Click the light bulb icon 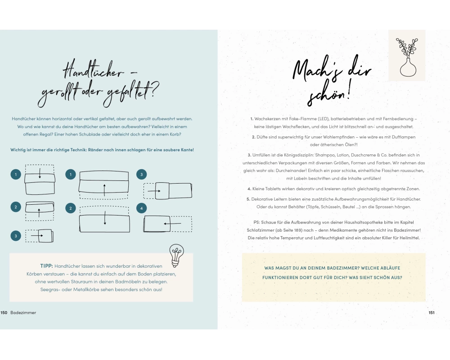click(x=176, y=255)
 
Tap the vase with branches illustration click(x=407, y=57)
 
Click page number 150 click(x=4, y=313)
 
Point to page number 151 click(x=432, y=313)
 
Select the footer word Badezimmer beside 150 click(x=23, y=313)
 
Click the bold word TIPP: click(x=46, y=266)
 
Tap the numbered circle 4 click(x=141, y=208)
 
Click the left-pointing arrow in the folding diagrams click(x=172, y=223)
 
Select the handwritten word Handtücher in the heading click(x=93, y=69)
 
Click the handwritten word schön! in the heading click(x=329, y=94)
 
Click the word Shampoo click(x=325, y=155)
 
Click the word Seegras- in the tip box click(x=50, y=290)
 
